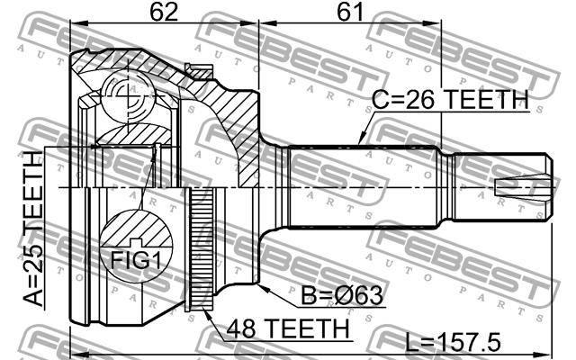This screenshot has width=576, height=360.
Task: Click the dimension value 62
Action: pos(164,11)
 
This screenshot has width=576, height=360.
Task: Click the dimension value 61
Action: pos(350,11)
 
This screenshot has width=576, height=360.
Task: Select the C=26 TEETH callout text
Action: pos(450,99)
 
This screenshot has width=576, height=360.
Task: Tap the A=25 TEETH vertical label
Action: pos(33,228)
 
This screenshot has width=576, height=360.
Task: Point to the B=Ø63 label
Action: pos(342,295)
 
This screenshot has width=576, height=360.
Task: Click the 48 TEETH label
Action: pos(288,328)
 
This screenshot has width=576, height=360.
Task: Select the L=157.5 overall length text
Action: pos(453,342)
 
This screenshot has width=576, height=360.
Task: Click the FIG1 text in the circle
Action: pos(136,260)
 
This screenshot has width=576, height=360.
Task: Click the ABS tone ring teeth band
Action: pos(199,250)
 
